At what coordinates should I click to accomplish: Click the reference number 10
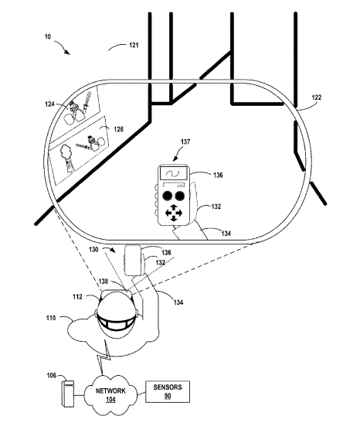(x=48, y=36)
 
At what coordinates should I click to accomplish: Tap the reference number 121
(x=134, y=45)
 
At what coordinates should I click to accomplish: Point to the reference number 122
(x=317, y=97)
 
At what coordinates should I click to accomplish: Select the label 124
(x=50, y=104)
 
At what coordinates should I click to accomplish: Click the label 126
(x=119, y=128)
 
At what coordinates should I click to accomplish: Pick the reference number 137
(x=185, y=142)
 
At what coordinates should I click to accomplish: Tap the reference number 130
(x=93, y=250)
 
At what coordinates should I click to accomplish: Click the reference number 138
(x=104, y=281)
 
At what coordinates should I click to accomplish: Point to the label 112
(x=77, y=296)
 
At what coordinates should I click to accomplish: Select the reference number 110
(x=51, y=318)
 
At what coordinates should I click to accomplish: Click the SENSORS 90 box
(x=168, y=391)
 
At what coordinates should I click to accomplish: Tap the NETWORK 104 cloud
(x=110, y=395)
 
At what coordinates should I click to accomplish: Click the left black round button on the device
(x=167, y=196)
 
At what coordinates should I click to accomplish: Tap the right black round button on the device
(x=180, y=196)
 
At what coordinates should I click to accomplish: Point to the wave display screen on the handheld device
(x=174, y=172)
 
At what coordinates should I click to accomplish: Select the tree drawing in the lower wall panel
(x=66, y=159)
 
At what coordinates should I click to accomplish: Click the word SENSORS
(x=168, y=387)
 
